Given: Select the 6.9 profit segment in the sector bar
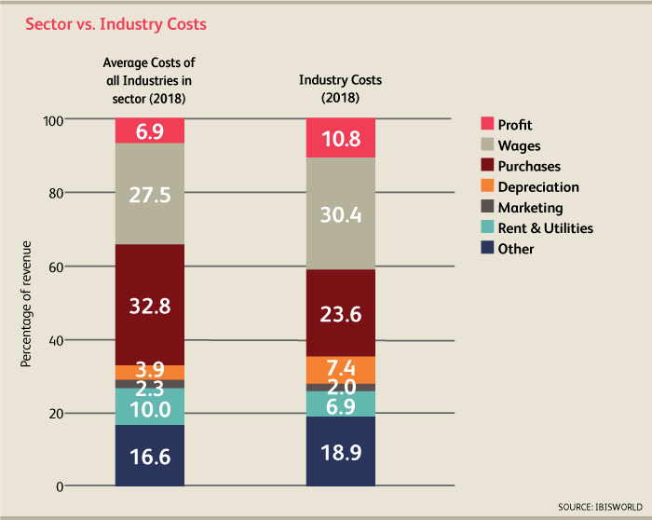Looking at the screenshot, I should (149, 130).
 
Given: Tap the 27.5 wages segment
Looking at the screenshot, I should (149, 193).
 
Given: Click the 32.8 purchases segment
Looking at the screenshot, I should (149, 305).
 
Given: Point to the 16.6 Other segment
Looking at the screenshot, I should (149, 456).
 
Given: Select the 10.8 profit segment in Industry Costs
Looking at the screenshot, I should (340, 137).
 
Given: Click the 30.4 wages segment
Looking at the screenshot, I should (340, 213).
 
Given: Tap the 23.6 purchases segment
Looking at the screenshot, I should (340, 313).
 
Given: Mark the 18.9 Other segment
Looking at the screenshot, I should (340, 452).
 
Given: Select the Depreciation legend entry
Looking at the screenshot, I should (535, 187).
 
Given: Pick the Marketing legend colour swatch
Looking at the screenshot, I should (485, 208).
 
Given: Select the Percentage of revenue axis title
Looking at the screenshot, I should (27, 304).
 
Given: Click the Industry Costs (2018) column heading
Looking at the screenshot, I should (340, 89).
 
